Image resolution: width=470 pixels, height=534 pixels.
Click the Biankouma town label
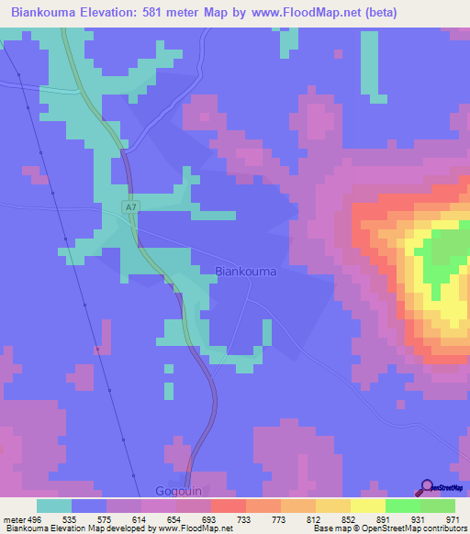click(245, 271)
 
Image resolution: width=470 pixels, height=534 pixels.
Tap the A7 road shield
click(132, 208)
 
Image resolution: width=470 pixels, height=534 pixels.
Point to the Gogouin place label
click(178, 491)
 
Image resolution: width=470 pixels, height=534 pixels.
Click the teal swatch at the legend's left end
click(54, 506)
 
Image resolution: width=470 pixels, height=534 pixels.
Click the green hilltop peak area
click(446, 250)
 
